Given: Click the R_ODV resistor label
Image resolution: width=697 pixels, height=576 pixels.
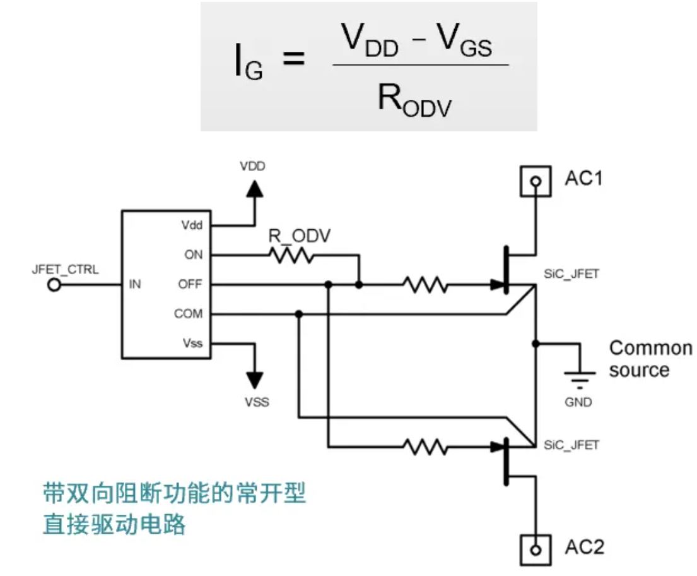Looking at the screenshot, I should click(300, 236).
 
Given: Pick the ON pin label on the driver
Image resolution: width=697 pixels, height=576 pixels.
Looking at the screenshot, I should click(193, 255).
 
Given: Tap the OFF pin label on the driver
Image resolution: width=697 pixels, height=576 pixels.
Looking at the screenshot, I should click(190, 285).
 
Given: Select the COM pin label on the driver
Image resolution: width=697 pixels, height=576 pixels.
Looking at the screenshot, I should click(189, 314).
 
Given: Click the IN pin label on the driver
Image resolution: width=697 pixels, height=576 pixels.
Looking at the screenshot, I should click(135, 285).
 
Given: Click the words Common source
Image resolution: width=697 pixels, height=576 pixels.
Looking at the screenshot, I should click(650, 359).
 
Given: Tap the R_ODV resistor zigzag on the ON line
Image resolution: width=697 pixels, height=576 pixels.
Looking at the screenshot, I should click(291, 255).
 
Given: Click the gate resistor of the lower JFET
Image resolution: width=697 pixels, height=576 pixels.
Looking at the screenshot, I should click(426, 447).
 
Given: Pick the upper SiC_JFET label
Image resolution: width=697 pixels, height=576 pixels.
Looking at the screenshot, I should click(571, 276).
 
